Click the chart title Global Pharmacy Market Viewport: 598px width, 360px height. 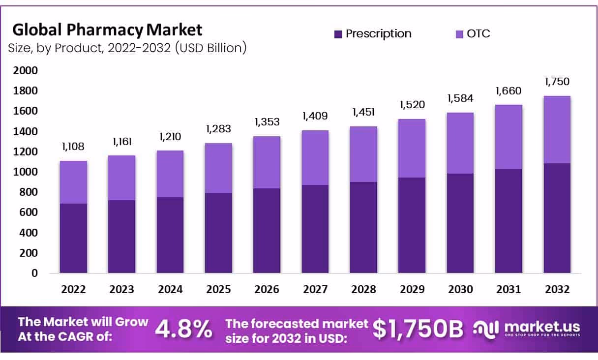coord(107,30)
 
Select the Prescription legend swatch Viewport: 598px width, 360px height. coord(338,34)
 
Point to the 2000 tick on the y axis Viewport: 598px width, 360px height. coord(25,71)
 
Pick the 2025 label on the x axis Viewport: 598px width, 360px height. coord(218,289)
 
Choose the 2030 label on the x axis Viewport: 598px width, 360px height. coord(461,289)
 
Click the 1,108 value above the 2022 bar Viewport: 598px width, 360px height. coord(73,147)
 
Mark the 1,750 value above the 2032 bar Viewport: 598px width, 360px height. coord(557,82)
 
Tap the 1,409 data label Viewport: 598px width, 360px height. coord(315,116)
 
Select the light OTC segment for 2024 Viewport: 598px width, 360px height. coord(170,174)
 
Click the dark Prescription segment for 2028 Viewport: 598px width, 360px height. coord(364,227)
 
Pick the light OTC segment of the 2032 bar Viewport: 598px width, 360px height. coord(557,129)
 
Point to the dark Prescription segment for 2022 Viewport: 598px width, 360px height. coord(73,238)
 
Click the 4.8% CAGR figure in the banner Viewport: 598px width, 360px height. coord(184,329)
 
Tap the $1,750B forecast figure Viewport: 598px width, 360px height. coord(418,329)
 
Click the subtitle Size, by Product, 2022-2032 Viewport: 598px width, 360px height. coord(127,48)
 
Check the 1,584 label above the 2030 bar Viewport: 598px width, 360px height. coord(461,98)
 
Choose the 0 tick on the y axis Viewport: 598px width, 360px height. coord(34,273)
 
